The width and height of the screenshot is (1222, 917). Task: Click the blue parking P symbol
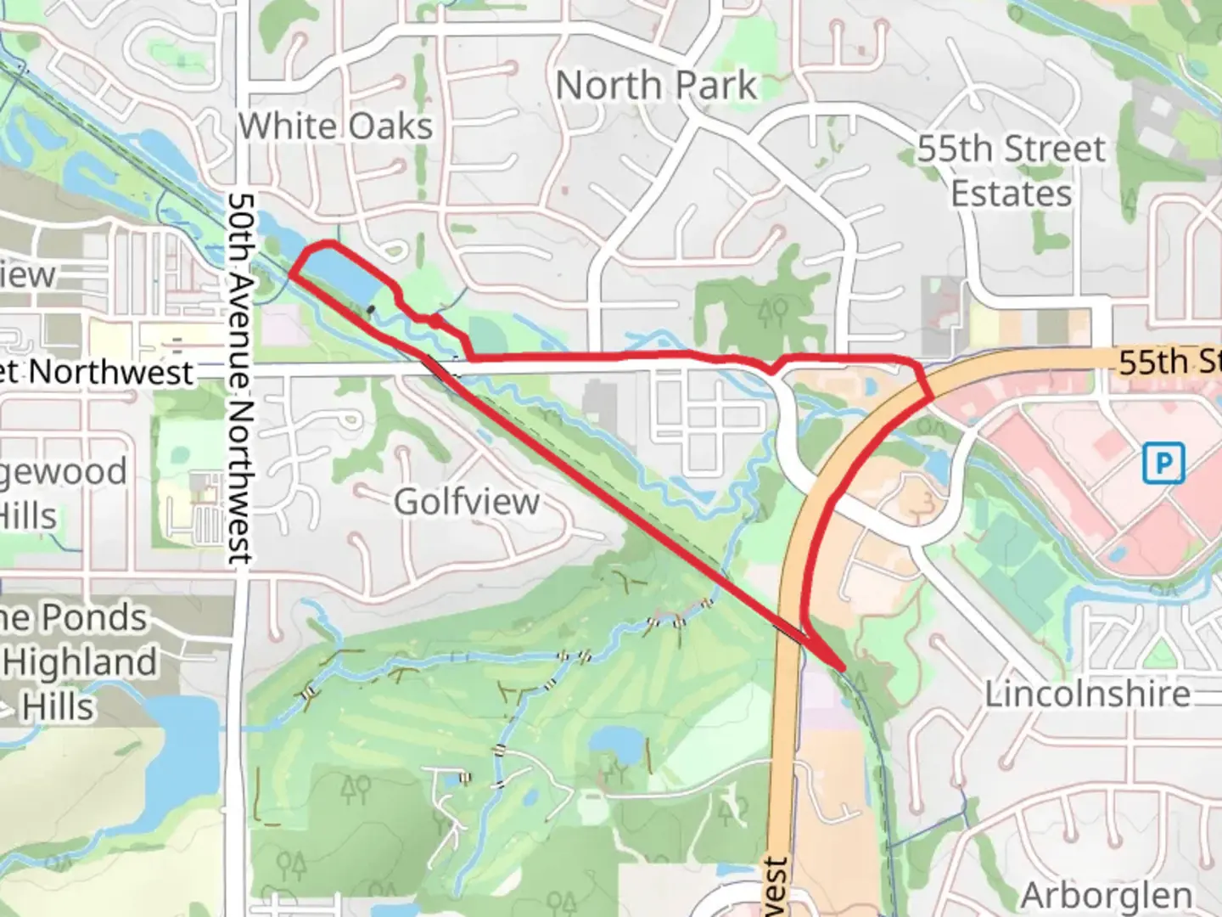(x=1163, y=464)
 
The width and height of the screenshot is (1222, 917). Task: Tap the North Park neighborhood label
(x=655, y=85)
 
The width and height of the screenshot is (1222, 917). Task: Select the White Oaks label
(x=335, y=127)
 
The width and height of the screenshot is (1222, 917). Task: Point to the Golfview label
(x=467, y=501)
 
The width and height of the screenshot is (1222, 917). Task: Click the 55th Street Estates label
(x=1011, y=171)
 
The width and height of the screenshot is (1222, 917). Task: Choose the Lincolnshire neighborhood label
(x=1087, y=694)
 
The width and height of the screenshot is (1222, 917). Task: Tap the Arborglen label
(x=1107, y=896)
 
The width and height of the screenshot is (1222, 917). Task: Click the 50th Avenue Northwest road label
(x=241, y=378)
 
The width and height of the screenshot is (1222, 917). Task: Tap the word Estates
(x=1011, y=194)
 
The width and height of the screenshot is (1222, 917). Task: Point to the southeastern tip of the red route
(x=843, y=669)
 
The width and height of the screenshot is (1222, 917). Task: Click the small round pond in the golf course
(x=617, y=745)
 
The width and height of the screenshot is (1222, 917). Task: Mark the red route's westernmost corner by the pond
(x=291, y=273)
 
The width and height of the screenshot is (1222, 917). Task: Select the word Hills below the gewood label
(x=30, y=515)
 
